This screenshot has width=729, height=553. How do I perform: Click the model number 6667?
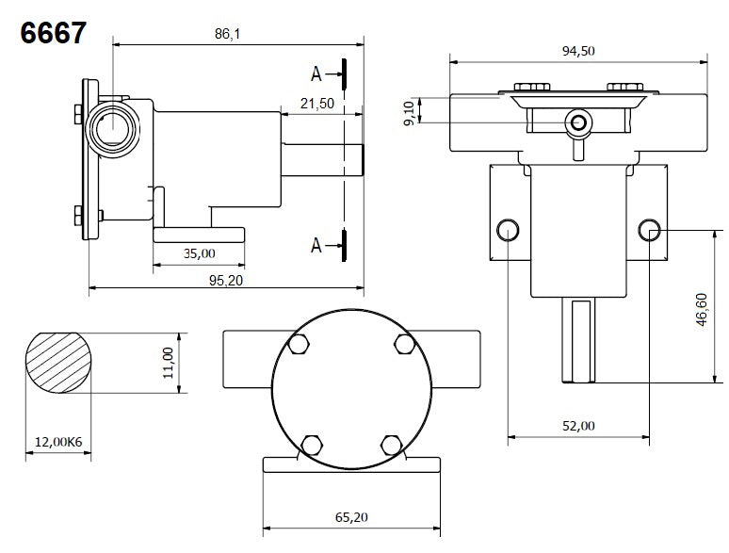(53, 33)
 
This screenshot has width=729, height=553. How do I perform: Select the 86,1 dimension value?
(228, 33)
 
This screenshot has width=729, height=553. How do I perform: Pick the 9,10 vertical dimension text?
(408, 110)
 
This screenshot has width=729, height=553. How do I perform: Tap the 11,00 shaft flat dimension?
(169, 362)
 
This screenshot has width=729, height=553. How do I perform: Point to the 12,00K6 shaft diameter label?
(57, 441)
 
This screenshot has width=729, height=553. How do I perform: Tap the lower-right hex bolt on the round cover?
(391, 443)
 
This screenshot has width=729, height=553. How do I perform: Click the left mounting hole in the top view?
(508, 228)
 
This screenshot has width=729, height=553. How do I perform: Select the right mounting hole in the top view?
(649, 228)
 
